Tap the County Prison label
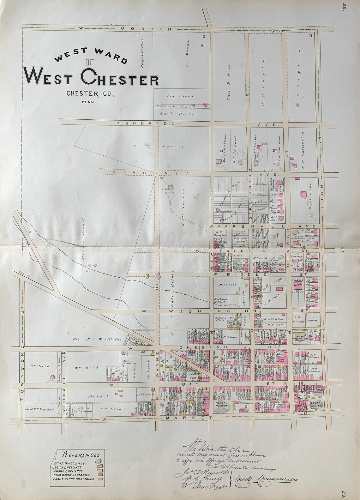click(221, 405)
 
